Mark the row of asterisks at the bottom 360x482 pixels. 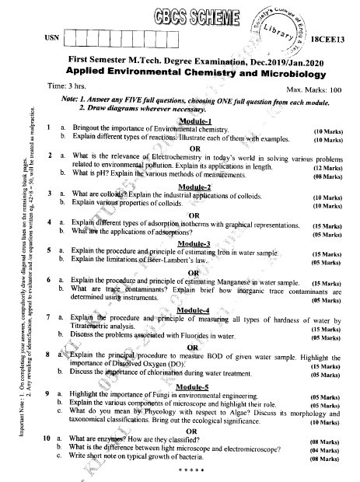pos(190,471)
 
